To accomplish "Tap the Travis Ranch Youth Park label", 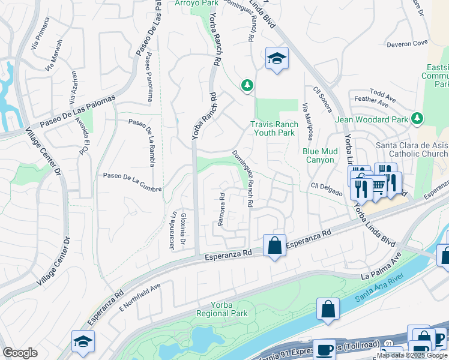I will click(x=275, y=128).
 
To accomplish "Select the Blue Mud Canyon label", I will click(x=318, y=156).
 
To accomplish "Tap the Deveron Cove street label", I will click(x=407, y=43).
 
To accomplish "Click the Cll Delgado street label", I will click(x=326, y=189).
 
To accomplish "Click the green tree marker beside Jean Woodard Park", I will click(x=417, y=119).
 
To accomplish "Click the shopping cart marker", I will click(x=378, y=187).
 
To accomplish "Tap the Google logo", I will click(x=20, y=353).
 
